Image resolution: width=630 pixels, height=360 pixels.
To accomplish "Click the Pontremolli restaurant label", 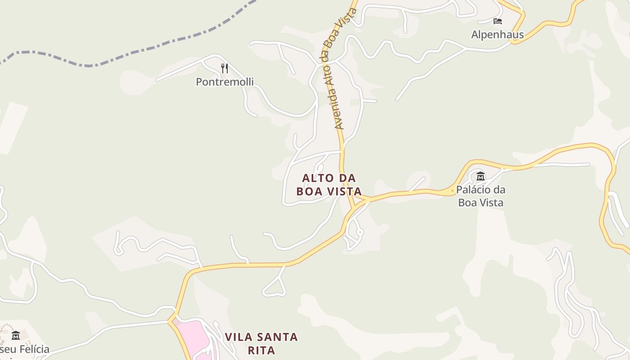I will [x=225, y=82].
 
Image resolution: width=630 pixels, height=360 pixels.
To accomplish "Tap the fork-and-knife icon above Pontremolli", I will [x=225, y=68].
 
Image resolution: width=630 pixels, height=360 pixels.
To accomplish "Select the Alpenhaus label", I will [x=497, y=35].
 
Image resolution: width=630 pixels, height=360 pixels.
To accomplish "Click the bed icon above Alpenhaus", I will [x=497, y=21].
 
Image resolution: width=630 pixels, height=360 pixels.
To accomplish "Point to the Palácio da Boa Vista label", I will [x=481, y=196].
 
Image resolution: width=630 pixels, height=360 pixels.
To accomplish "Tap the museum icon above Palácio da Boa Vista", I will [x=481, y=176].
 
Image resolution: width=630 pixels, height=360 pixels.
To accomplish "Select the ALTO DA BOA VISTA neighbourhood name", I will [x=329, y=184].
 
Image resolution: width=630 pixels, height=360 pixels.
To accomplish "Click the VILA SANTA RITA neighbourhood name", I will [x=261, y=343].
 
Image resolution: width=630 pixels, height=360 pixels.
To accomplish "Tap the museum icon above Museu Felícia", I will [x=16, y=335].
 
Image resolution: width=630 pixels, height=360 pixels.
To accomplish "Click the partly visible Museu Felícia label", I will [x=25, y=349].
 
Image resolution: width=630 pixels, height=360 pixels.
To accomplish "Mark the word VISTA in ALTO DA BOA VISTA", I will [x=344, y=191].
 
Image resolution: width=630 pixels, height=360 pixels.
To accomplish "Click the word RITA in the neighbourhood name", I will [x=261, y=350].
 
